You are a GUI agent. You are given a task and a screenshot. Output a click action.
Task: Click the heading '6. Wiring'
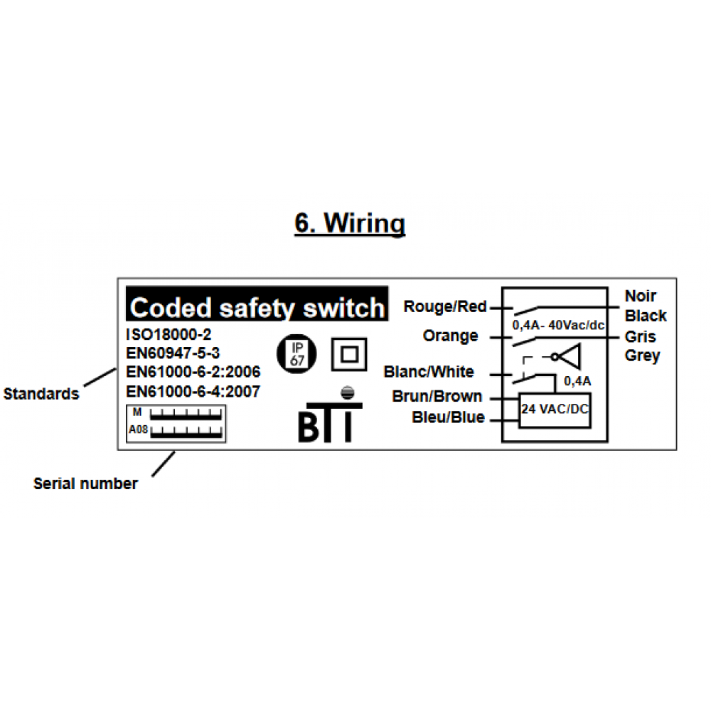click(x=350, y=223)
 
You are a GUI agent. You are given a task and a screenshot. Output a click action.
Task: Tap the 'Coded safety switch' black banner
click(x=257, y=308)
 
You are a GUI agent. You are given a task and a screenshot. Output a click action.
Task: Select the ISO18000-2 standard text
click(x=169, y=334)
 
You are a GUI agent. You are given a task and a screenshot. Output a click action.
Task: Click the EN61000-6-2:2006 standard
click(x=193, y=372)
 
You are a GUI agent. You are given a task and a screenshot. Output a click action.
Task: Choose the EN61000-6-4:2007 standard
click(x=193, y=391)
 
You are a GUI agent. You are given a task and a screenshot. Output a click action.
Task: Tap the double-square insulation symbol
click(x=349, y=354)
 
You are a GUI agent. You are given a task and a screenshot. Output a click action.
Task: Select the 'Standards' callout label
click(x=41, y=394)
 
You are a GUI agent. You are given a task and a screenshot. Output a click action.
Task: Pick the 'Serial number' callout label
click(x=85, y=484)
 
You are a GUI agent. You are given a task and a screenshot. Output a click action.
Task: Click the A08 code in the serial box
click(x=137, y=430)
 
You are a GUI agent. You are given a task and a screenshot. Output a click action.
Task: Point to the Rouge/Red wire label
click(x=445, y=307)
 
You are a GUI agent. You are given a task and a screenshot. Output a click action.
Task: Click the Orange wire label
click(x=450, y=336)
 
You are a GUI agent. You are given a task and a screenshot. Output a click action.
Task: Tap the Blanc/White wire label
click(x=428, y=372)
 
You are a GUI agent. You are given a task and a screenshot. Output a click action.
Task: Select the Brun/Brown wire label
click(x=437, y=397)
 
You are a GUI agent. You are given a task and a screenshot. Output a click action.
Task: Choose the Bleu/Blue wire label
click(x=448, y=417)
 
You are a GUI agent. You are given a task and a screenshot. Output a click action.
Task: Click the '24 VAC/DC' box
click(x=555, y=410)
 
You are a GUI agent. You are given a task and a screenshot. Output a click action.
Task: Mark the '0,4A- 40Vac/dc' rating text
click(x=558, y=325)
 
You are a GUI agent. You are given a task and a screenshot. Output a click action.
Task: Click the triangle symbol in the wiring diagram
click(x=572, y=355)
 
